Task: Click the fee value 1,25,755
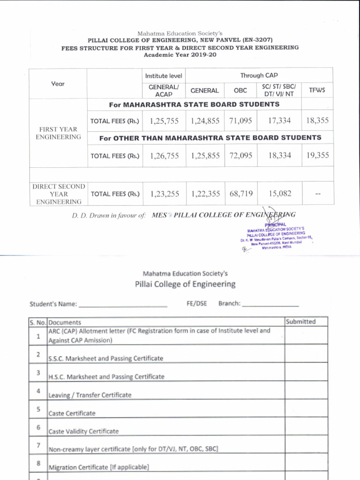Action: pos(165,121)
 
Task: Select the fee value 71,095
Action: pos(240,121)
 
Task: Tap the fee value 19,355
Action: pos(318,156)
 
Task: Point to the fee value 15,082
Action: pos(279,193)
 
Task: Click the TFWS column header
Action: pos(317,90)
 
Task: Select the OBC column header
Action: pos(240,90)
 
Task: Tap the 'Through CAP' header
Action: pos(259,75)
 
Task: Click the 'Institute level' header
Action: pos(164,76)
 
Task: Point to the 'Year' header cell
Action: pos(58,84)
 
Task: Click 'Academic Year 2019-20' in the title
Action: pos(180,55)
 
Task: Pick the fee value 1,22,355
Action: pos(205,193)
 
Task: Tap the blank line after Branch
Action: pos(270,305)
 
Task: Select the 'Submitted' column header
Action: pos(300,322)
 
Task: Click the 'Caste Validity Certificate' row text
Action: pos(84,431)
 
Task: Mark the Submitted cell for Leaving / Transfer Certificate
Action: pos(306,390)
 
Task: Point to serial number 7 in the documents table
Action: pos(38,445)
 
